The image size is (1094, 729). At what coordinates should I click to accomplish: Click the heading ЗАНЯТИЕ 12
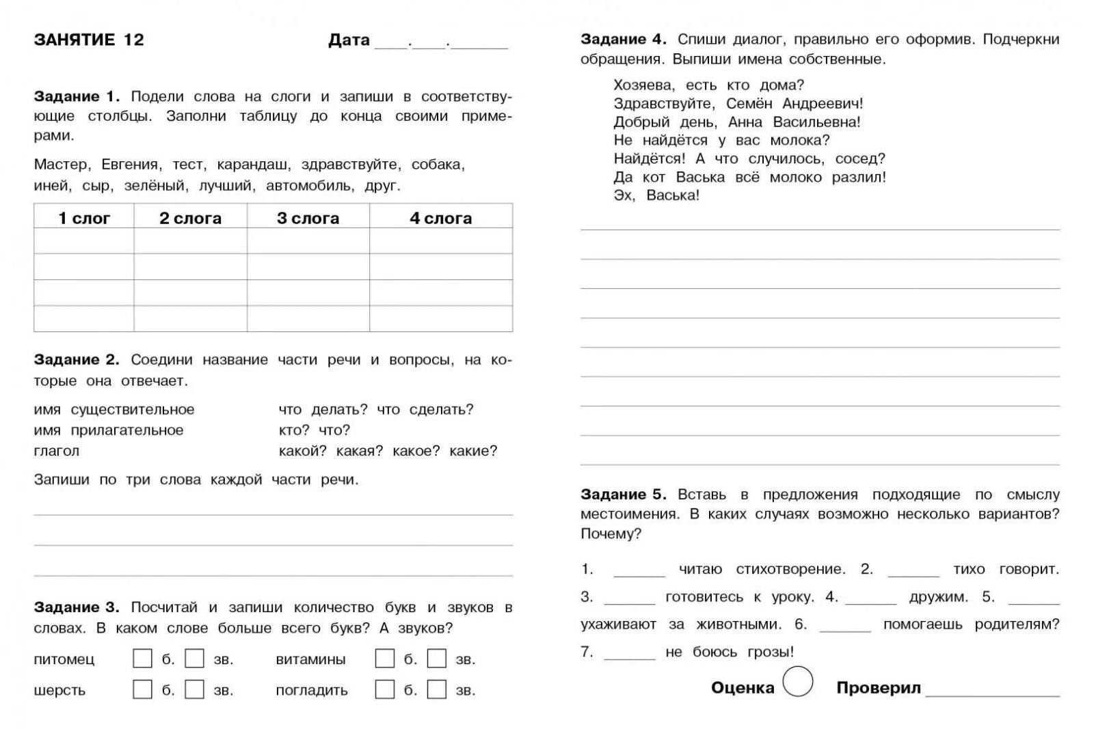89,40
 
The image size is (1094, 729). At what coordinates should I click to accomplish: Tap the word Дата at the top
349,40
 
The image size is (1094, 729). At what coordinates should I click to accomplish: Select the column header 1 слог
84,218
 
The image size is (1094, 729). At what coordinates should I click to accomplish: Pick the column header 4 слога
440,218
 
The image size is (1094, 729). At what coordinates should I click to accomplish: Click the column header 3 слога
308,218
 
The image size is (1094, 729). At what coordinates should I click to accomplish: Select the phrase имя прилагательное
109,430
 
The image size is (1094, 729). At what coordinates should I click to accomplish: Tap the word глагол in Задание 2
57,451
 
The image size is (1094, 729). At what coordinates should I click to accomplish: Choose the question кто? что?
315,430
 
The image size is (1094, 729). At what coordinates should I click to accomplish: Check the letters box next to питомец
142,659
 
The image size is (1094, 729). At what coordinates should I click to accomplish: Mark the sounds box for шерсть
195,689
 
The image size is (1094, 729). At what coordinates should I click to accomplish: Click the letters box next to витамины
384,659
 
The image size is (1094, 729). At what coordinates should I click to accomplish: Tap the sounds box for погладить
437,689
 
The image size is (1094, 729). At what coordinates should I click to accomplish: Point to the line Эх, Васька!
656,195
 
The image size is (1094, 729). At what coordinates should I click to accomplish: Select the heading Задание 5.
623,495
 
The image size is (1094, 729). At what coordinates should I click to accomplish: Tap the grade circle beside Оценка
797,681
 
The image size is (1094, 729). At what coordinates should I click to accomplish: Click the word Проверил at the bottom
879,688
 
